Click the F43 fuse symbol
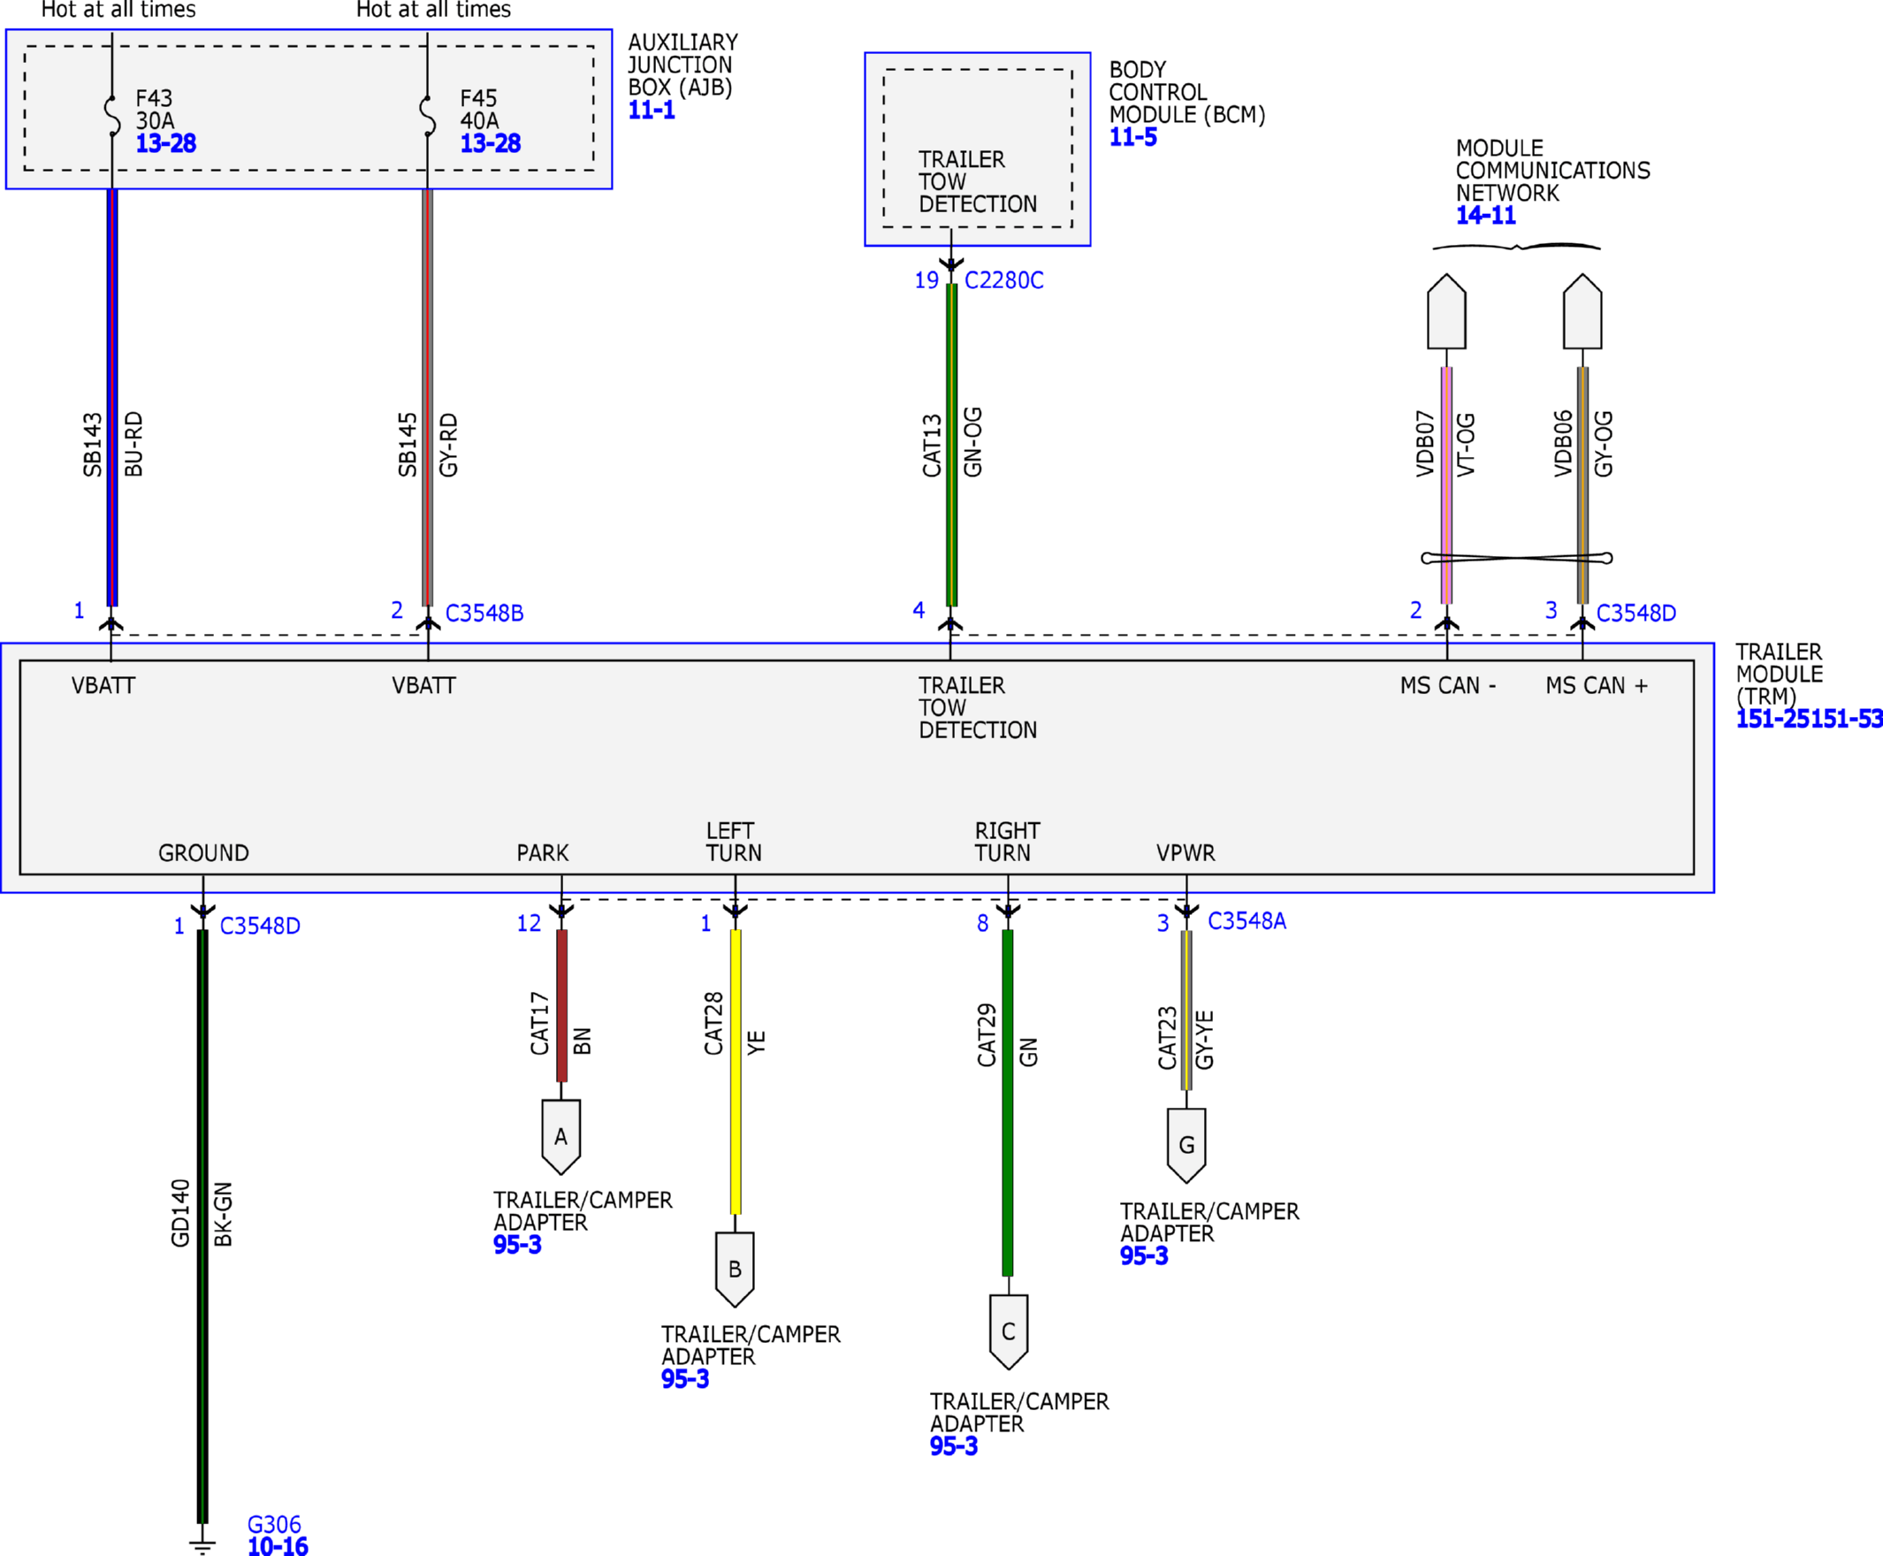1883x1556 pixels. tap(112, 116)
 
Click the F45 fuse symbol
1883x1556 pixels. tap(428, 116)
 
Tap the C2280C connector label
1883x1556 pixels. tap(1003, 280)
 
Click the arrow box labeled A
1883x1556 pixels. tap(561, 1137)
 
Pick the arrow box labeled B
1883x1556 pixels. tap(735, 1270)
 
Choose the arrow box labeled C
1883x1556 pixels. tap(1009, 1332)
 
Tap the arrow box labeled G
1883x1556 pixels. tap(1186, 1146)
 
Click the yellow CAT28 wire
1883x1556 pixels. tap(736, 1072)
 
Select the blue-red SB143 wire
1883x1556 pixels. tap(112, 397)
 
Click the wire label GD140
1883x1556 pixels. tap(181, 1213)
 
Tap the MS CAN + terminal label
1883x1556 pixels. tap(1597, 686)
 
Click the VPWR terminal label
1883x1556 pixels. tap(1185, 853)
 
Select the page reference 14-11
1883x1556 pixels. tap(1486, 215)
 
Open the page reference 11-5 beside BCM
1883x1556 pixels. tap(1132, 137)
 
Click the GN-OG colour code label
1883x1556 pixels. tap(973, 442)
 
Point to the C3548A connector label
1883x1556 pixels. tap(1246, 921)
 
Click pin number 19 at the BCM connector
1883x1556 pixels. tap(926, 280)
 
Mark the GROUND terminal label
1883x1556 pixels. tap(203, 853)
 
